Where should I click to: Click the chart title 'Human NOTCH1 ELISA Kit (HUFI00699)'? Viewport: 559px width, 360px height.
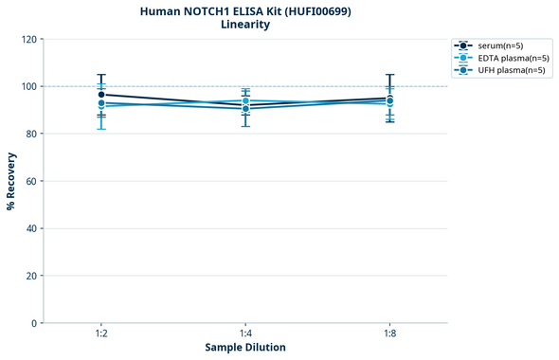tap(244, 11)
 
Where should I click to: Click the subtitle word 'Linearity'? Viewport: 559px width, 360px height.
tap(244, 25)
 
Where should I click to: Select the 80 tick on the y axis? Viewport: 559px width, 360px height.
tap(31, 134)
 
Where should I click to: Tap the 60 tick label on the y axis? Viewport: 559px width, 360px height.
tap(31, 181)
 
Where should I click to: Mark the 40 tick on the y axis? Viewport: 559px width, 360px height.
tap(31, 228)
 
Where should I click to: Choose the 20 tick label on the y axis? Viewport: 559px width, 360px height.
tap(31, 276)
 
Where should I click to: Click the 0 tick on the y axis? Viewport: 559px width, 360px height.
tap(34, 323)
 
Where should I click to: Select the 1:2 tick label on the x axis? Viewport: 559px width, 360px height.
tap(101, 334)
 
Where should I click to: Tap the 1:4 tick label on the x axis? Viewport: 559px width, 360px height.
tap(245, 334)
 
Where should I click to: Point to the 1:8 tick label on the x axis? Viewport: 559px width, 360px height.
tap(389, 334)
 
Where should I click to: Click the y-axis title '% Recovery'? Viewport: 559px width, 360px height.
tap(11, 181)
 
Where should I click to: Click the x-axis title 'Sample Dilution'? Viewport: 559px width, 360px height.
tap(245, 348)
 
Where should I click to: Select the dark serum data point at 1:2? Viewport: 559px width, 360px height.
tap(101, 95)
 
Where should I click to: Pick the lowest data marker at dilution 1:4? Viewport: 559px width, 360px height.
tap(245, 109)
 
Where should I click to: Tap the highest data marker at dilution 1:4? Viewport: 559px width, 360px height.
tap(245, 100)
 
